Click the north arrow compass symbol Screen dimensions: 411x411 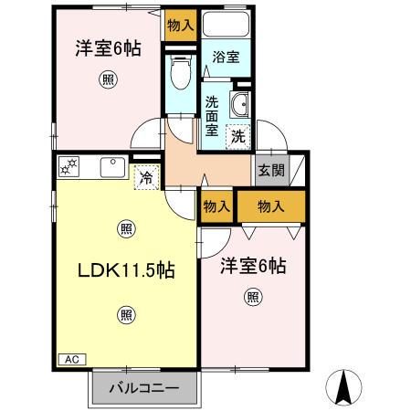coord(343,387)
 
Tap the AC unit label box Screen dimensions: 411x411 coord(72,359)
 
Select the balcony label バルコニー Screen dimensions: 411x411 coord(144,388)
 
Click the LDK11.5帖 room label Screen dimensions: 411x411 coord(126,270)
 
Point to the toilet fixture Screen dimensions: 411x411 coord(181,72)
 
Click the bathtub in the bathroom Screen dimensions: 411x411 coord(226,25)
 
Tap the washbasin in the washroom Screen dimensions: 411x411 coord(240,104)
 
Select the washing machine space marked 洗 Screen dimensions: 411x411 coord(238,137)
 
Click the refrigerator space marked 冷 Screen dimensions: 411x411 coord(147,177)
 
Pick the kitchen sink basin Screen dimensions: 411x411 coord(112,167)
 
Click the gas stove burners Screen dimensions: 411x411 coord(68,166)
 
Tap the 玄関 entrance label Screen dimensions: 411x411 coord(271,171)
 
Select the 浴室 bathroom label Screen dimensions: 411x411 coord(226,57)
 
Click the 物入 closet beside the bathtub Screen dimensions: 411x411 coord(181,26)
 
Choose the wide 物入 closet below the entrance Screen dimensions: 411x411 coord(271,206)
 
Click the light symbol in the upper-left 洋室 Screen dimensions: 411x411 coord(108,79)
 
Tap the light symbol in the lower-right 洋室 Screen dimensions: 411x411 coord(253,297)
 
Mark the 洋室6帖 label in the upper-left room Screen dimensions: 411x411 coord(109,48)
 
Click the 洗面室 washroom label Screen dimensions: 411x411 coord(212,116)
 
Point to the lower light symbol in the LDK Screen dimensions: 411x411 coord(126,315)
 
